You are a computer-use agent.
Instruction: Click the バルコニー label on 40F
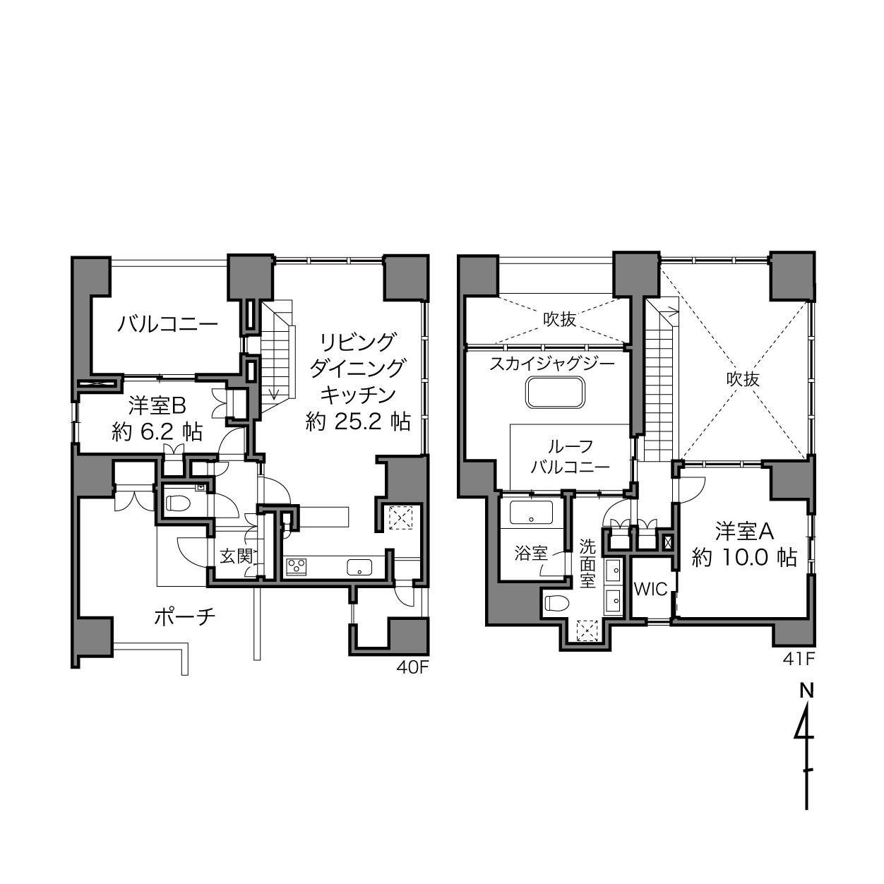pos(167,324)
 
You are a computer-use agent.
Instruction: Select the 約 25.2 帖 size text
pos(358,421)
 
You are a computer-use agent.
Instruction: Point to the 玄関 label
pos(237,556)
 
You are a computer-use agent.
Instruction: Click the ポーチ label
pos(185,618)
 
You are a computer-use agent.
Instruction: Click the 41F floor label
pos(799,659)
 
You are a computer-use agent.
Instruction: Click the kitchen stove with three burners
pos(297,566)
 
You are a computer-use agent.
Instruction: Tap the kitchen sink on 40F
pos(359,568)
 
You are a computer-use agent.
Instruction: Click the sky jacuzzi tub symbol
pos(555,393)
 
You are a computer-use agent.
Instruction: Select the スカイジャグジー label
pos(552,364)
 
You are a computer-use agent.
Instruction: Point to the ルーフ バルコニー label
pos(571,456)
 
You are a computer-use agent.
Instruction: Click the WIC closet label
pos(650,589)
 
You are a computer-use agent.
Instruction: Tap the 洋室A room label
pos(744,532)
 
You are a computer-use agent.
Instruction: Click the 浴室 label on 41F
pos(531,554)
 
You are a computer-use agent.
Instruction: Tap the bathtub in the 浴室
pos(531,511)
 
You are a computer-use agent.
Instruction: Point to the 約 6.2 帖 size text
pos(157,432)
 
